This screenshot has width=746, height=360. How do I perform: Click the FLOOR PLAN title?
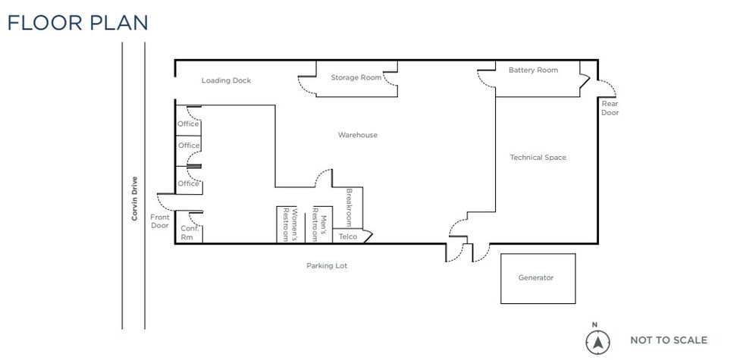pyautogui.click(x=77, y=23)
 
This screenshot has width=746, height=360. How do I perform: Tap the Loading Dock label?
pyautogui.click(x=226, y=80)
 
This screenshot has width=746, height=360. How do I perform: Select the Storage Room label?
pyautogui.click(x=356, y=77)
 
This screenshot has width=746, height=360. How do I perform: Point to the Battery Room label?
pyautogui.click(x=533, y=70)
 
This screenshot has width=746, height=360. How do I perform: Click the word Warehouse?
pyautogui.click(x=358, y=135)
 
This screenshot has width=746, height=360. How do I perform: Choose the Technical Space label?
pyautogui.click(x=538, y=158)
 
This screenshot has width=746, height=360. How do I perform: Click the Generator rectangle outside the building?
pyautogui.click(x=538, y=278)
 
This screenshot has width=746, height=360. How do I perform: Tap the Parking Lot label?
pyautogui.click(x=327, y=266)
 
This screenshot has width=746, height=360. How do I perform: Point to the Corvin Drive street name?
pyautogui.click(x=135, y=199)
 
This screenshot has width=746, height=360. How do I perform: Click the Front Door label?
pyautogui.click(x=160, y=221)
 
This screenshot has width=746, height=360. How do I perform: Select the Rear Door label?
pyautogui.click(x=610, y=108)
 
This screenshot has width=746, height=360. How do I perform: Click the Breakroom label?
pyautogui.click(x=349, y=208)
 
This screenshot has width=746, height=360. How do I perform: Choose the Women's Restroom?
pyautogui.click(x=290, y=224)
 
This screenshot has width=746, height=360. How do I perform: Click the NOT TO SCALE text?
pyautogui.click(x=669, y=340)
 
